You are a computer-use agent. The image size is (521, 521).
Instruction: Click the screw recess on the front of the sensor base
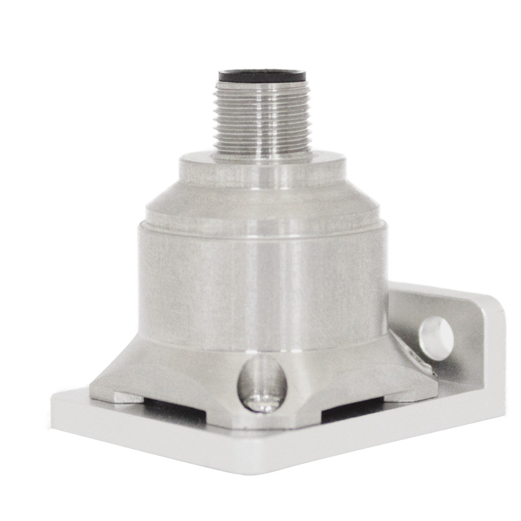coord(262,383)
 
